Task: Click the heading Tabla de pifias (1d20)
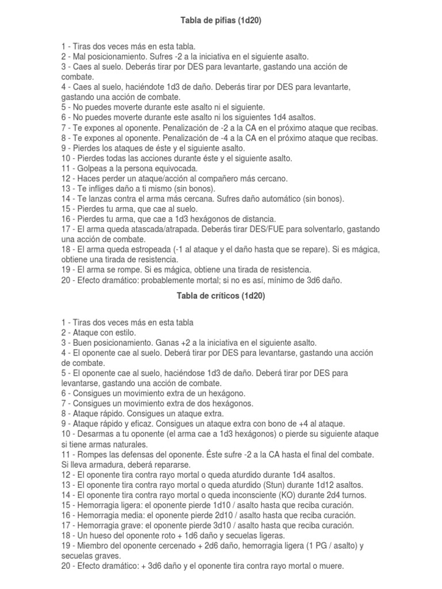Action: (x=221, y=21)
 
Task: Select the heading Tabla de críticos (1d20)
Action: (x=221, y=296)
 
